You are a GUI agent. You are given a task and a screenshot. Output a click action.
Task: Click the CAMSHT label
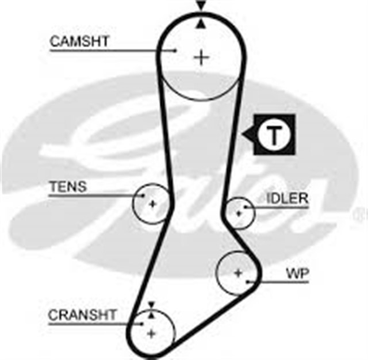coord(79,41)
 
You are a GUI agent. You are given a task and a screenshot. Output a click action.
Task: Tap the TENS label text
coord(68,187)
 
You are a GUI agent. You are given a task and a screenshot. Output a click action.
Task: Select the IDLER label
coord(287,198)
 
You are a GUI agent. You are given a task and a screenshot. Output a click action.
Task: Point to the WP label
coord(298,273)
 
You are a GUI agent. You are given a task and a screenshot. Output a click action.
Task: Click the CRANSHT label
coord(82,315)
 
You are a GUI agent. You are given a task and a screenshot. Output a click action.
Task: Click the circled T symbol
coord(274,135)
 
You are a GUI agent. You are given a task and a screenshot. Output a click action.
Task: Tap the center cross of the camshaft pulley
coord(201,58)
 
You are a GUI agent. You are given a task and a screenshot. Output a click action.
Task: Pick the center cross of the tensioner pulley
coord(152,204)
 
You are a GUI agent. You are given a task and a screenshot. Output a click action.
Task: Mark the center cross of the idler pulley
coord(239,213)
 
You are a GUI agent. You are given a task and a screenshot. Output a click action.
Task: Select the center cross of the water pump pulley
coord(238,273)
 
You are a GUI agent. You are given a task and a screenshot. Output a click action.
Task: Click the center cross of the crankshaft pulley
coord(151,333)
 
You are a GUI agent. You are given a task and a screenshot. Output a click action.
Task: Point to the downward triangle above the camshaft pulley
coord(201,5)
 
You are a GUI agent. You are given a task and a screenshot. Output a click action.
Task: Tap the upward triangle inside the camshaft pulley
coord(201,24)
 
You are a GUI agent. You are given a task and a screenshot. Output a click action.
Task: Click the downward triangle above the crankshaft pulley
coord(152,305)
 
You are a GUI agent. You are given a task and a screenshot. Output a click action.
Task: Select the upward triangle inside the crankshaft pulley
coord(152,315)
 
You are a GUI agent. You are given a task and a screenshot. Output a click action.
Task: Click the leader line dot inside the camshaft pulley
coord(175,50)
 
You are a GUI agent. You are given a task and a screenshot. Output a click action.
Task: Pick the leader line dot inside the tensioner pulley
coord(143,196)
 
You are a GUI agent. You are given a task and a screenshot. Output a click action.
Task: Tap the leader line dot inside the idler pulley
coord(245,207)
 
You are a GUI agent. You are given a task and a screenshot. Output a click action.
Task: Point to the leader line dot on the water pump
coord(247,281)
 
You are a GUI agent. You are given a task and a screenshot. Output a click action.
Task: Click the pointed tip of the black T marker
coord(242,135)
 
